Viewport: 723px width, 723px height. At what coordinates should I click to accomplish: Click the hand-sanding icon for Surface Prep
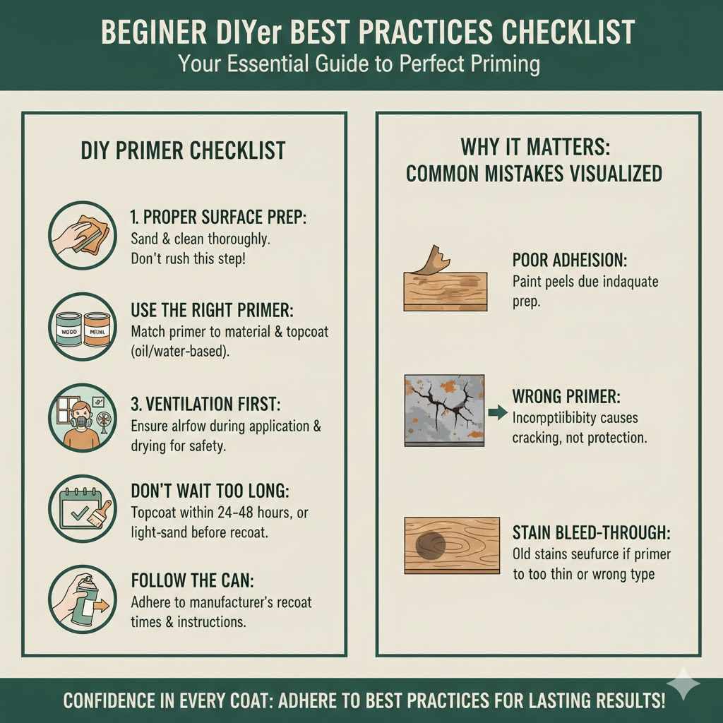(x=83, y=234)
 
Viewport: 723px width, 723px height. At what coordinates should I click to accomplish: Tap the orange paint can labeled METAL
(x=97, y=329)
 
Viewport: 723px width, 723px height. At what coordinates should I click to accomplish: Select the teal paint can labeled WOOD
(x=70, y=329)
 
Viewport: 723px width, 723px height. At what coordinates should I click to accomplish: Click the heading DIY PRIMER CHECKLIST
(x=183, y=150)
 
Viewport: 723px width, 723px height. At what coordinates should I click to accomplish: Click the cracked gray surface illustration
(x=444, y=411)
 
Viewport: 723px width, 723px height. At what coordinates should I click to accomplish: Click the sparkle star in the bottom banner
(x=683, y=683)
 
